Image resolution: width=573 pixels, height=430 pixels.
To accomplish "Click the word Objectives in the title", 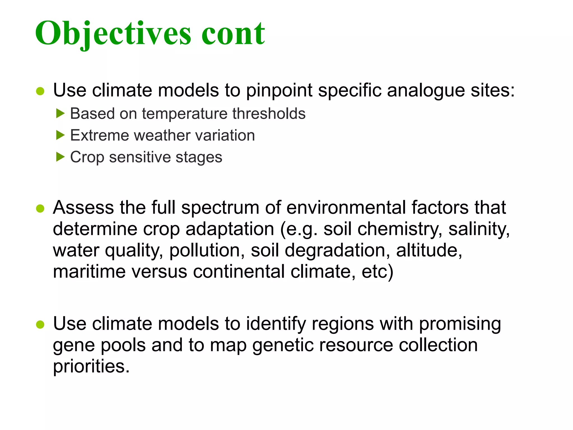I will [113, 34].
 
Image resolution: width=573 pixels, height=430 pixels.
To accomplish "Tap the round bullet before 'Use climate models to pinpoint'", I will [40, 91].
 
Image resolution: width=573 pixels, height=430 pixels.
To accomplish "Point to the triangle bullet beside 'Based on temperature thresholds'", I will [60, 114].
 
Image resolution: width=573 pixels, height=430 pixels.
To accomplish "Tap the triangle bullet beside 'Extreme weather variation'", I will [60, 135].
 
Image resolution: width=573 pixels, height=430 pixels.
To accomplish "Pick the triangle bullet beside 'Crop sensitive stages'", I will [60, 157].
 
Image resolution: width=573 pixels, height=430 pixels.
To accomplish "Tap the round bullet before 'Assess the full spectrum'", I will [40, 209].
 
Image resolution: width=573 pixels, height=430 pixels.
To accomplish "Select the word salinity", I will [479, 229].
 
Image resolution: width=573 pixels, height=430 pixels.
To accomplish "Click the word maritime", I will [89, 271].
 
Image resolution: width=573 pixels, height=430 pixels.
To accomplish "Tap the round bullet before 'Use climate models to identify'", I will [40, 324].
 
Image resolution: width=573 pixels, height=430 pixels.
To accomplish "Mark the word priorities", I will [91, 366].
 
